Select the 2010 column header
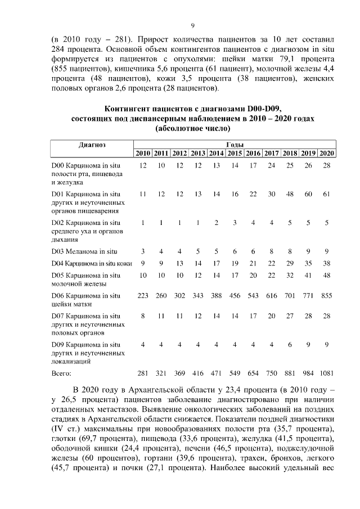coord(143,154)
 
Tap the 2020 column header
coord(327,154)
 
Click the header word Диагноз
coord(92,145)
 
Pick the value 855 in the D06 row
coord(327,295)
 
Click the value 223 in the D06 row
coord(143,295)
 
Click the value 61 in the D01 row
coord(327,194)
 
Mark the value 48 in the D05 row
coord(327,275)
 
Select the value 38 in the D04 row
coord(327,263)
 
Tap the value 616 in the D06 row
coord(272,295)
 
